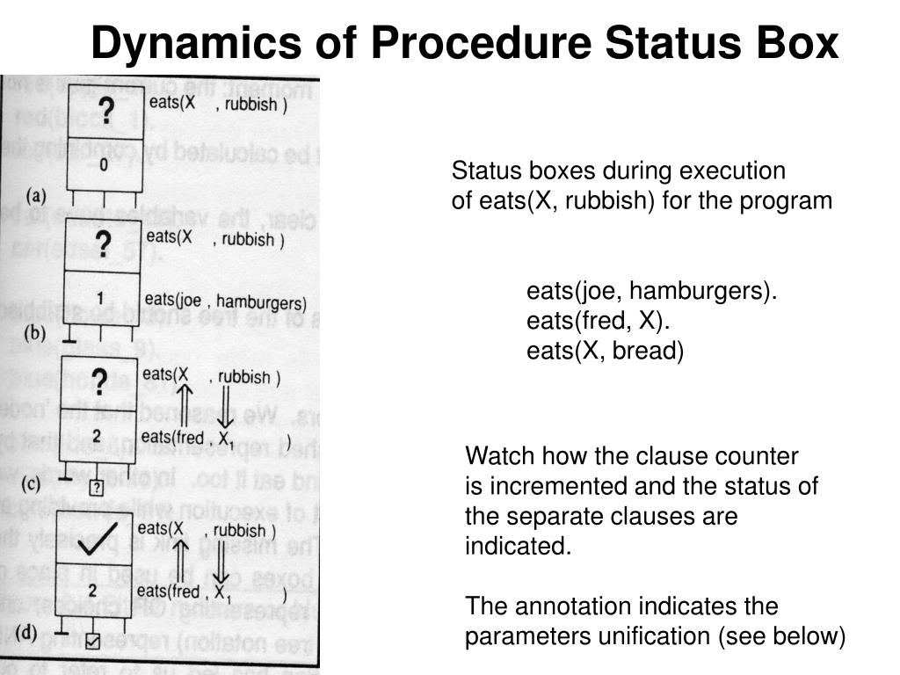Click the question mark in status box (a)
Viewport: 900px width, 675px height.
coord(105,111)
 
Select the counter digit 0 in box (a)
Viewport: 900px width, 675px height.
coord(105,163)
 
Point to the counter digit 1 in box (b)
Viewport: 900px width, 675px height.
coord(100,298)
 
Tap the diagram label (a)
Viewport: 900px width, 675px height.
coord(36,194)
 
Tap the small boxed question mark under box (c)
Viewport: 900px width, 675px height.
coord(96,487)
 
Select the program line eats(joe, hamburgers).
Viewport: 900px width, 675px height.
coord(651,291)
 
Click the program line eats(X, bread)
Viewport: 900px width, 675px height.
coord(605,351)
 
